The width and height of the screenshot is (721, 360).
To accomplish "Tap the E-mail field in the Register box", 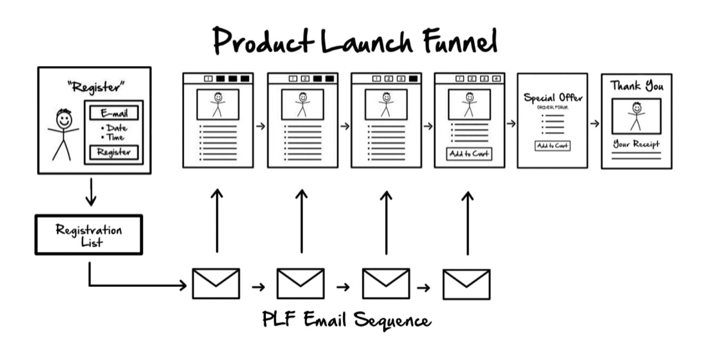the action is [114, 113].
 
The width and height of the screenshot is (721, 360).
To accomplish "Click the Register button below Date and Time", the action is [114, 152].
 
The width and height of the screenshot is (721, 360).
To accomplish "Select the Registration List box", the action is [88, 234].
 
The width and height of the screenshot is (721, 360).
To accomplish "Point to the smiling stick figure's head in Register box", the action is [63, 119].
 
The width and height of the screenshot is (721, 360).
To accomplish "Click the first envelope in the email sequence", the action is [216, 283].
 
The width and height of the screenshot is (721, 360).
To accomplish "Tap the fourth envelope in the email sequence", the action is [467, 284].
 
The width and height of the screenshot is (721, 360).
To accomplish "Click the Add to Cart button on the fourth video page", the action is [469, 154].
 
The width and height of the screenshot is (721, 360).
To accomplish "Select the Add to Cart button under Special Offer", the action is [552, 146].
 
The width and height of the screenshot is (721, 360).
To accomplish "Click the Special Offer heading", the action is [553, 98].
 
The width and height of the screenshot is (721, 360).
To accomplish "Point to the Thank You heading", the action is [636, 85].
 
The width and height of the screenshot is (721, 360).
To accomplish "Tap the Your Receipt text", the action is [636, 143].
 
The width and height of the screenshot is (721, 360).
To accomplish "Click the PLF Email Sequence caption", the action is [347, 320].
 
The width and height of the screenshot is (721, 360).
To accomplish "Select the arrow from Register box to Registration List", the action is [91, 192].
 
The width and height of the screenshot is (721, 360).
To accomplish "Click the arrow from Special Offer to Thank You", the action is [595, 123].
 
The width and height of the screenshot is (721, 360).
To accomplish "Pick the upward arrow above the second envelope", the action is [301, 221].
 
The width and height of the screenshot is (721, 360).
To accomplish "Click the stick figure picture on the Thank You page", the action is [636, 116].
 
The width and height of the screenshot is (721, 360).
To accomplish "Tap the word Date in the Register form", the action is [116, 128].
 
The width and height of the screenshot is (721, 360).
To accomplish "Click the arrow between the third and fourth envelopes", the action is [423, 286].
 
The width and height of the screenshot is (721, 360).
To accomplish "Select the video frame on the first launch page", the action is [218, 104].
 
